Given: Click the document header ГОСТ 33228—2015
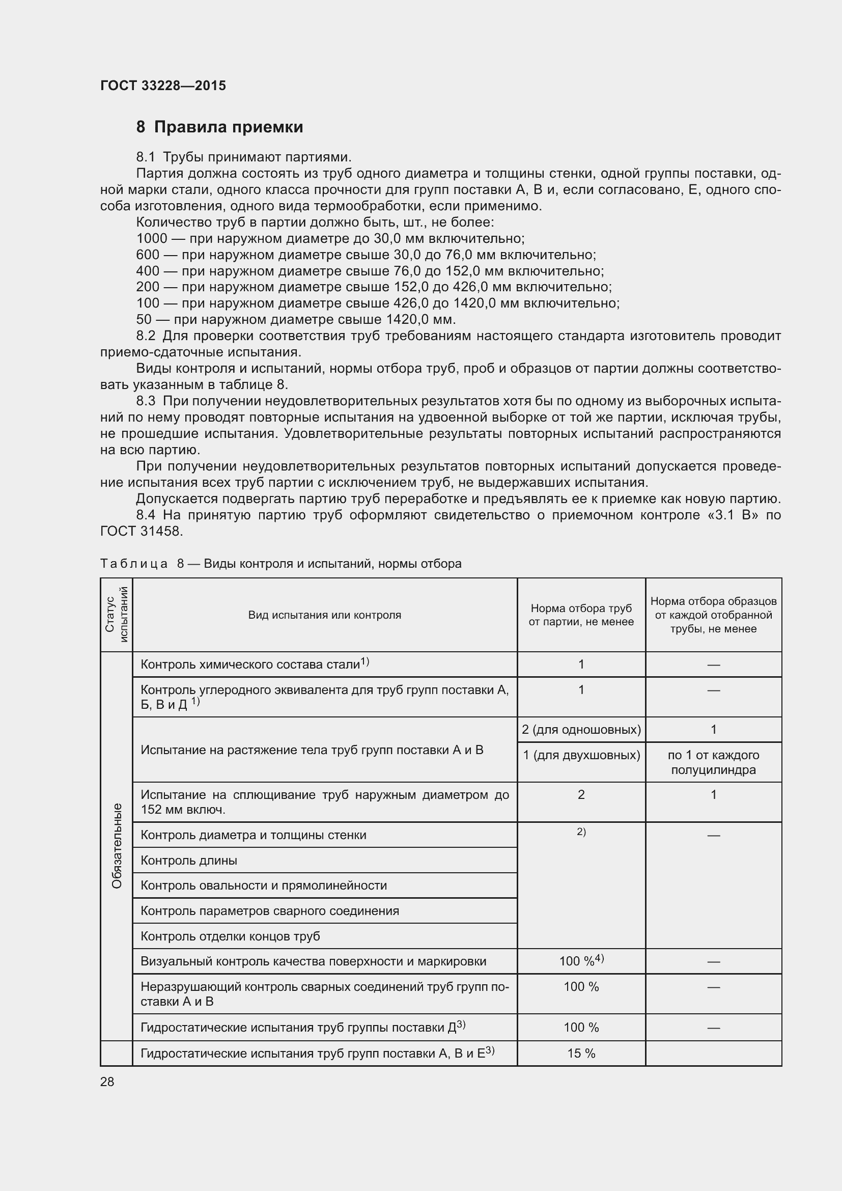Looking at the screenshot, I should pos(163,86).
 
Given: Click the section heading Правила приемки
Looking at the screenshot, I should pos(228,127).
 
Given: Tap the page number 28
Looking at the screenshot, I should pos(107,1082).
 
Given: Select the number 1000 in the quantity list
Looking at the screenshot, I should pos(151,239).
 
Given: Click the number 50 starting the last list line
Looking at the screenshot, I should pos(144,319).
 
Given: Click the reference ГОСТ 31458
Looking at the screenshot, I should pos(141,531).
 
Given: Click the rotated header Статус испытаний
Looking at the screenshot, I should pos(116,615).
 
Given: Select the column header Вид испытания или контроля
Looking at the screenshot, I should pos(325,615).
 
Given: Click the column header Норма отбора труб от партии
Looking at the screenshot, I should pos(581,615).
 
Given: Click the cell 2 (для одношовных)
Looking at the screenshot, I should pos(581,730).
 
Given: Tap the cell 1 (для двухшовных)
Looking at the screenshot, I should pos(581,755).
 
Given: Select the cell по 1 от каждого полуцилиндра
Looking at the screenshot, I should pos(713,763).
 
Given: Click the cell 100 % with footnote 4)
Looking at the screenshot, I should pos(581,961).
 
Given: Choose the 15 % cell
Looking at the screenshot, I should pos(581,1054).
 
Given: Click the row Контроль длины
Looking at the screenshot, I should pos(189,861).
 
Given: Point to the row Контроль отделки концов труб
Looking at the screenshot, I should pos(230,936).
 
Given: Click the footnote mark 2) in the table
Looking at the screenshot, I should pos(581,832).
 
